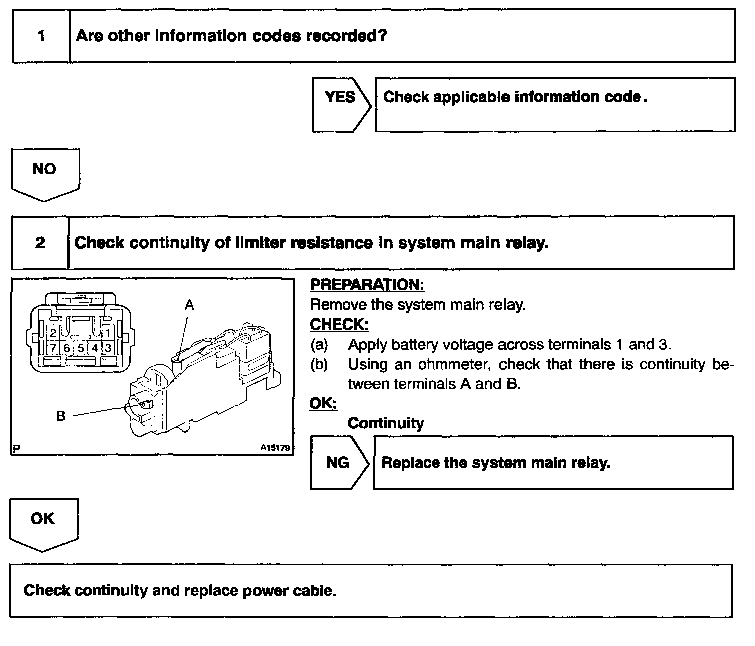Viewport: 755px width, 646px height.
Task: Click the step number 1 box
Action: tap(41, 36)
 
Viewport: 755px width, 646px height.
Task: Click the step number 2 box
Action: tap(40, 243)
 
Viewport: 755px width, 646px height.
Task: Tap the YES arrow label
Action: tap(340, 97)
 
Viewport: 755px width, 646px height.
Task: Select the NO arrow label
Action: tap(44, 169)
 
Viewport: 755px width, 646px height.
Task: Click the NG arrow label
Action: tap(338, 462)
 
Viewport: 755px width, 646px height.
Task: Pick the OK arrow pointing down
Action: tap(43, 519)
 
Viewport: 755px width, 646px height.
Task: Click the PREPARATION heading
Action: tap(367, 284)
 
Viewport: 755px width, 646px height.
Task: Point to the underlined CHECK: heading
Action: tap(339, 325)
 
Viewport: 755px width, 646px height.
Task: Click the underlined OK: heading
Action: tap(324, 403)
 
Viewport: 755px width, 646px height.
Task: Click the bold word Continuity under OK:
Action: tap(386, 423)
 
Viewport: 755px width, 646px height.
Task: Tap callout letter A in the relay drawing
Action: tap(189, 305)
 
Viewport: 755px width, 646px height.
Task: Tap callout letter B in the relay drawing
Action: tap(61, 416)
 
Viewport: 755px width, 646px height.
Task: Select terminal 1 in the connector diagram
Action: tap(108, 333)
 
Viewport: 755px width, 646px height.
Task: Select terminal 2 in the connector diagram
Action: tap(53, 333)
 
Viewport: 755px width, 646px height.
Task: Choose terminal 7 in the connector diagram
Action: tap(53, 348)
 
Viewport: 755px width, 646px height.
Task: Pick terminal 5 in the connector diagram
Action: tap(80, 348)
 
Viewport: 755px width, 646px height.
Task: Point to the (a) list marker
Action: tap(319, 345)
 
